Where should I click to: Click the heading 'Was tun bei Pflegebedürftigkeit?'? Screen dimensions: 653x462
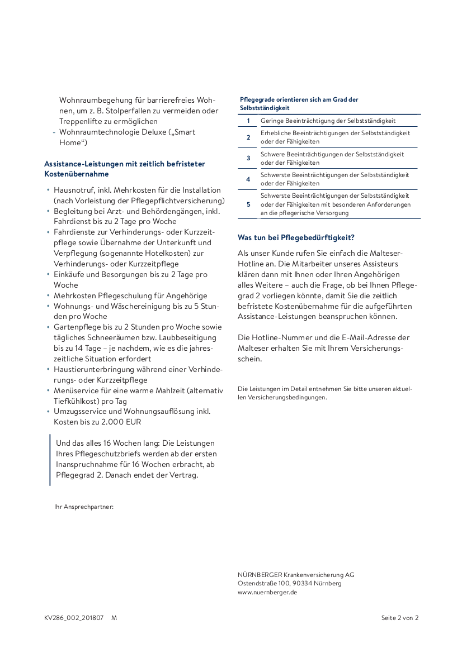pyautogui.click(x=296, y=237)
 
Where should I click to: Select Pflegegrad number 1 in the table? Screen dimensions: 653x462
pyautogui.click(x=248, y=121)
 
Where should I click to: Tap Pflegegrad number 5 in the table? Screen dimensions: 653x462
pyautogui.click(x=248, y=204)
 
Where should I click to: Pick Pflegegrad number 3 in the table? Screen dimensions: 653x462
pyautogui.click(x=248, y=158)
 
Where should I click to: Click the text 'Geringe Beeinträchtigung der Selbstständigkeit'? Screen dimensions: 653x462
pyautogui.click(x=328, y=121)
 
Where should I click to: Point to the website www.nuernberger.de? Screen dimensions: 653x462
pyautogui.click(x=267, y=592)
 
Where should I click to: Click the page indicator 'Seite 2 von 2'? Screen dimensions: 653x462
pyautogui.click(x=399, y=618)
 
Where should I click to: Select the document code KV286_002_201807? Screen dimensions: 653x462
pyautogui.click(x=74, y=618)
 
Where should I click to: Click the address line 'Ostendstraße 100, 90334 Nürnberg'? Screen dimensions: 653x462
pyautogui.click(x=289, y=583)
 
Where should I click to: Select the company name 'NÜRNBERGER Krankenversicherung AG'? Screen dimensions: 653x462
pyautogui.click(x=296, y=575)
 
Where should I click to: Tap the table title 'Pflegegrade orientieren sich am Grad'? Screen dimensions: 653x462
pyautogui.click(x=299, y=99)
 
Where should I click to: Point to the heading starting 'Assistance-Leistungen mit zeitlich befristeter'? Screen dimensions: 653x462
pyautogui.click(x=124, y=164)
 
